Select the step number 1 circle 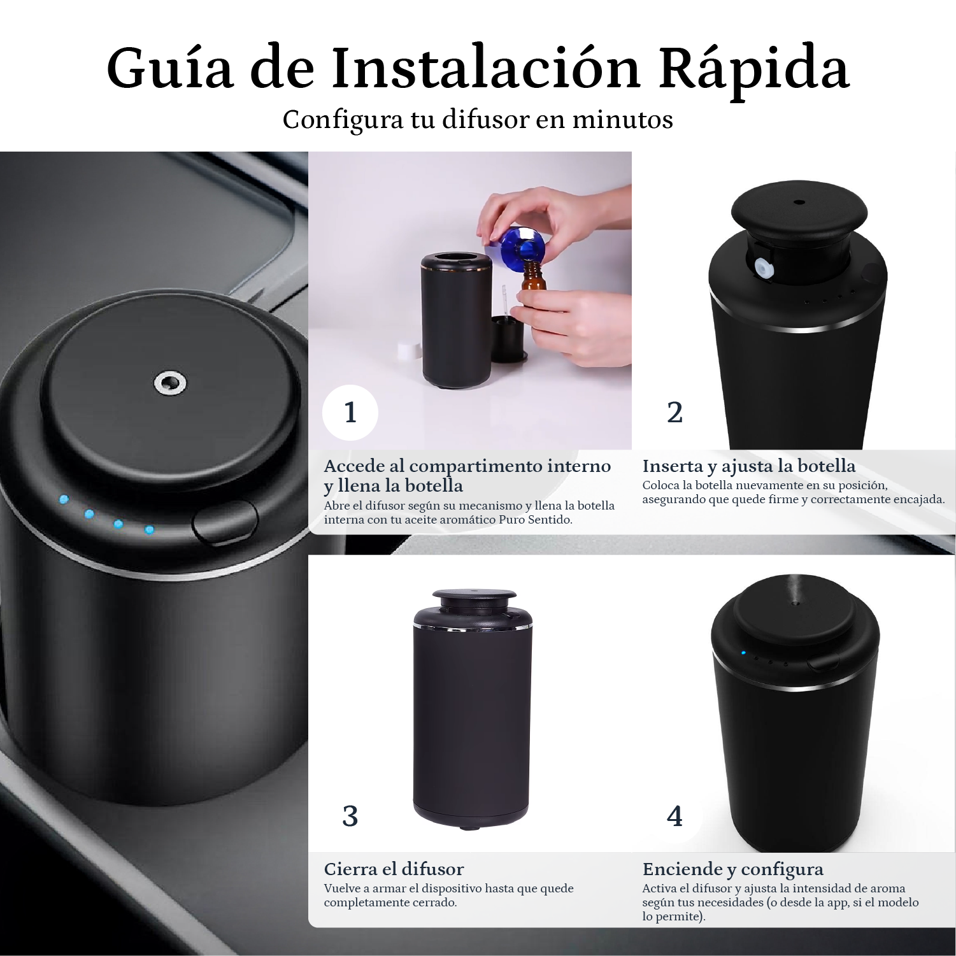(x=350, y=413)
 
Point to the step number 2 (x=674, y=413)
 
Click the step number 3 (x=350, y=816)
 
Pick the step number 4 (x=674, y=816)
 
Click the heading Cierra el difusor (x=394, y=869)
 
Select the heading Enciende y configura (x=732, y=869)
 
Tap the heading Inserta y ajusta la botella (x=748, y=466)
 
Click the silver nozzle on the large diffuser (x=170, y=383)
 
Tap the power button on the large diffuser (x=225, y=523)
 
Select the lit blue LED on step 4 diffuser (x=743, y=653)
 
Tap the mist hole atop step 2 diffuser (x=799, y=203)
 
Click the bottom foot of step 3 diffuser (x=470, y=827)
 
